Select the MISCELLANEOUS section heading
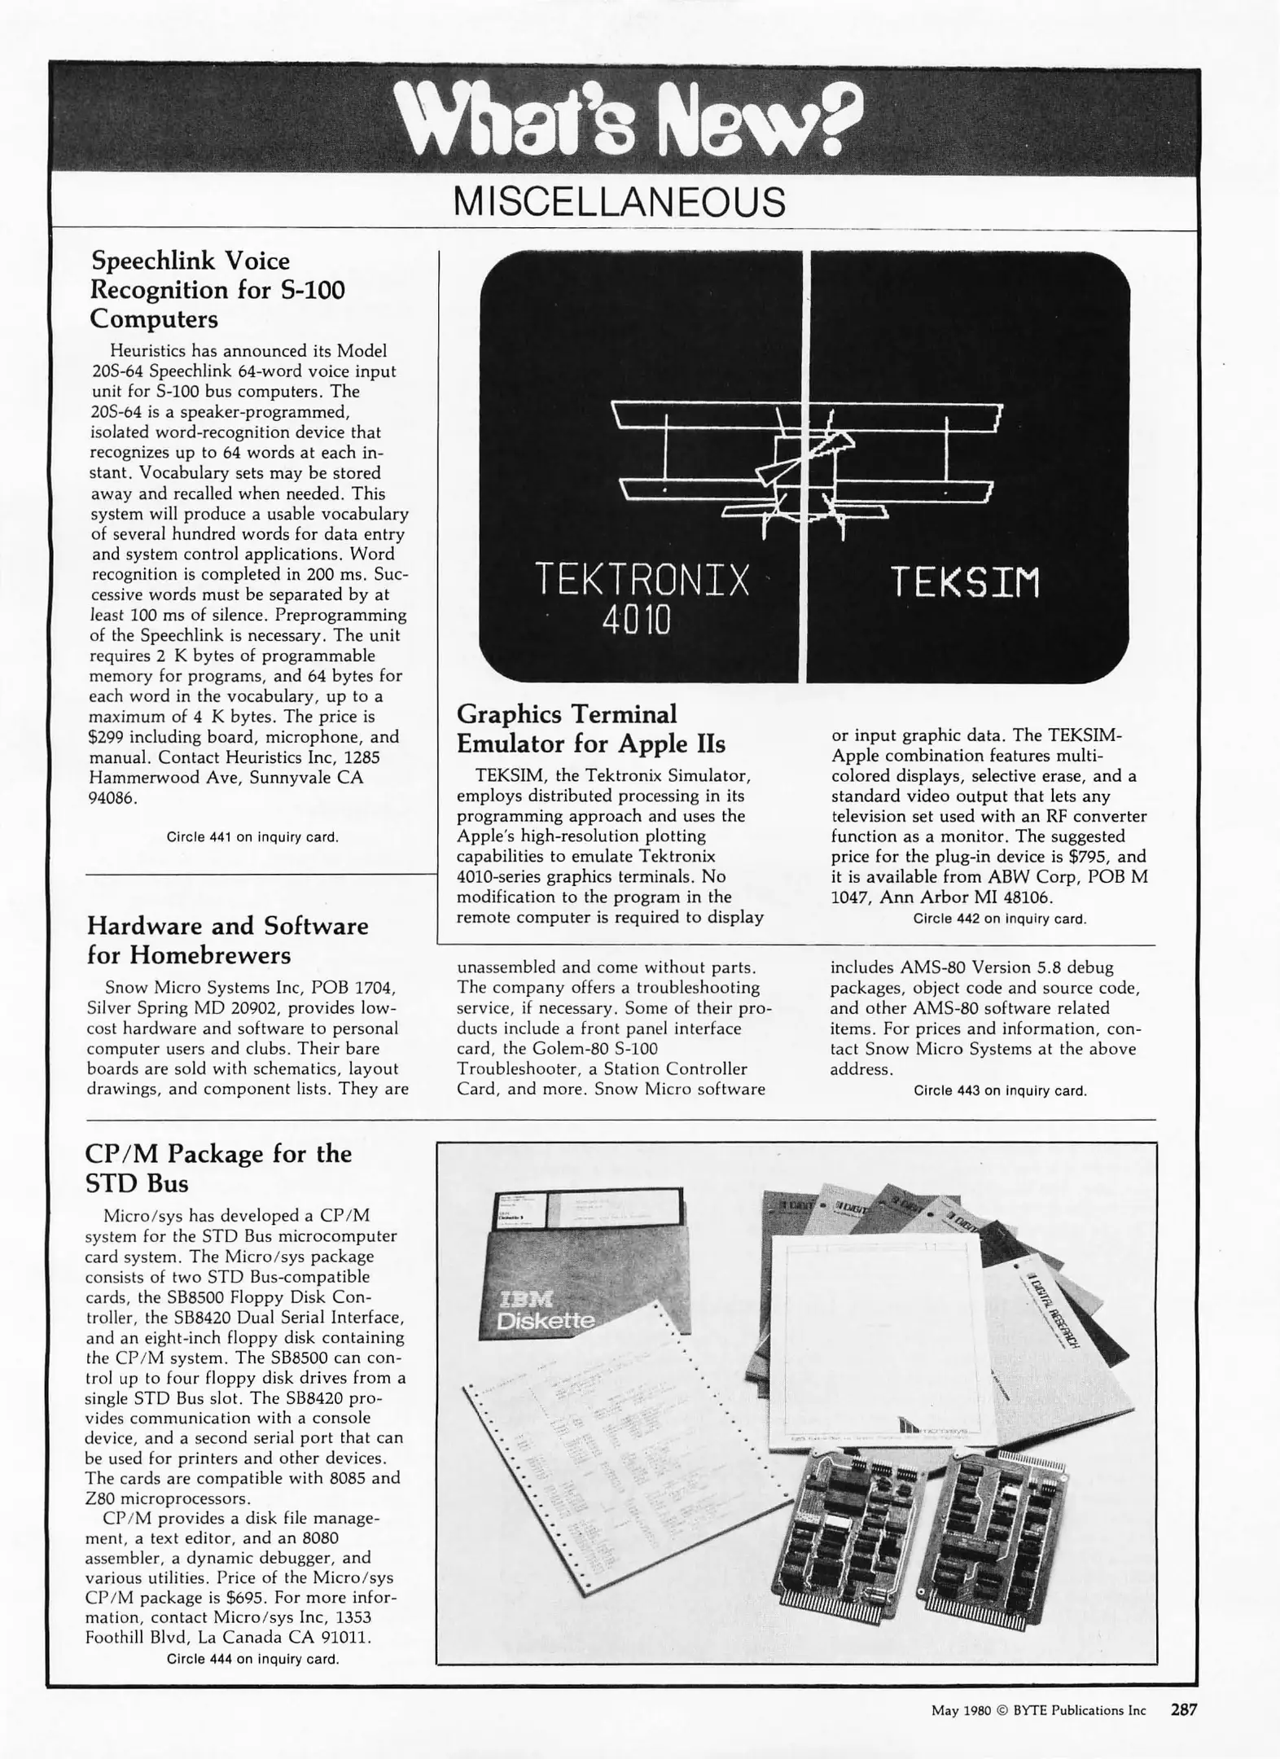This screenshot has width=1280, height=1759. click(619, 202)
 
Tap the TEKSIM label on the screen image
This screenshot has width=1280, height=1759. click(965, 582)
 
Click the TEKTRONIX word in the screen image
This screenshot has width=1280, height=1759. click(642, 581)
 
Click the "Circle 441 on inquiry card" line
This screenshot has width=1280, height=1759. click(252, 836)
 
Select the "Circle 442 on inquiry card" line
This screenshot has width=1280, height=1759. click(999, 919)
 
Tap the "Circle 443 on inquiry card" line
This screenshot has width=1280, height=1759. click(999, 1090)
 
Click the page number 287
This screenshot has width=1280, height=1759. click(1184, 1710)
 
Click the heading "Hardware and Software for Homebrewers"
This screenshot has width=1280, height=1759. click(227, 940)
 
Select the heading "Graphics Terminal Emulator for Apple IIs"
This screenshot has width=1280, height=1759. click(590, 729)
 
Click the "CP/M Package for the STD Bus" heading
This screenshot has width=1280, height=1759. click(217, 1168)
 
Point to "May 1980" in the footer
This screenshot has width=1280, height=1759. click(961, 1711)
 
